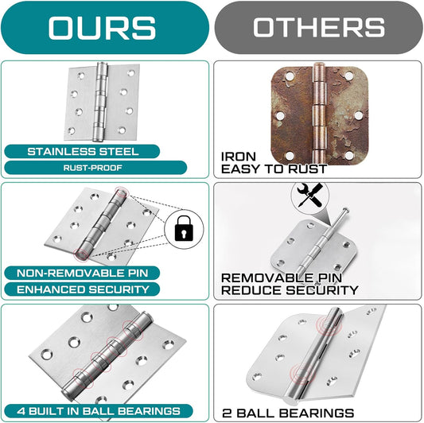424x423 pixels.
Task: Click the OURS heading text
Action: click(102, 28)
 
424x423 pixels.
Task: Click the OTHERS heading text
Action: click(319, 27)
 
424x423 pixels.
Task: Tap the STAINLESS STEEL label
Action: click(83, 151)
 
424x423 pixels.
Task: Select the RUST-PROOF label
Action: click(93, 168)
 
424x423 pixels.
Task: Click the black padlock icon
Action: click(184, 228)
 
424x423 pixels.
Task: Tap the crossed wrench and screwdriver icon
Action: click(310, 195)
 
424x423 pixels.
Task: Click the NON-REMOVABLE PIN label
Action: click(83, 273)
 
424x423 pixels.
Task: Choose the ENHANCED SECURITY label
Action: click(83, 289)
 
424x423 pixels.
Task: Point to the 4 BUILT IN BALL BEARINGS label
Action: click(99, 411)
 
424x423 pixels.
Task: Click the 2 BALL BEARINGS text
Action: click(288, 413)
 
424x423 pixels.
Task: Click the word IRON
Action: click(238, 157)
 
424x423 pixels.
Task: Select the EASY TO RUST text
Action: click(274, 169)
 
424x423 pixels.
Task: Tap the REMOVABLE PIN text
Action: click(282, 277)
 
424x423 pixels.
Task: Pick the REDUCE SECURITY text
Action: click(290, 290)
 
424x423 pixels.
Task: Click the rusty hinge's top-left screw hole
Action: click(290, 76)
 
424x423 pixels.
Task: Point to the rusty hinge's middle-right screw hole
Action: click(359, 115)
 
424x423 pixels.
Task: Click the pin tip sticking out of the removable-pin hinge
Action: click(345, 209)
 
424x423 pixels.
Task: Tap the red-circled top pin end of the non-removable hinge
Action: click(121, 192)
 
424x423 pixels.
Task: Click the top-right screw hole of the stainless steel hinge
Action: click(131, 73)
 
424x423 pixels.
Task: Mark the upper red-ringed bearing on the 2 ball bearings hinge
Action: click(329, 324)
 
